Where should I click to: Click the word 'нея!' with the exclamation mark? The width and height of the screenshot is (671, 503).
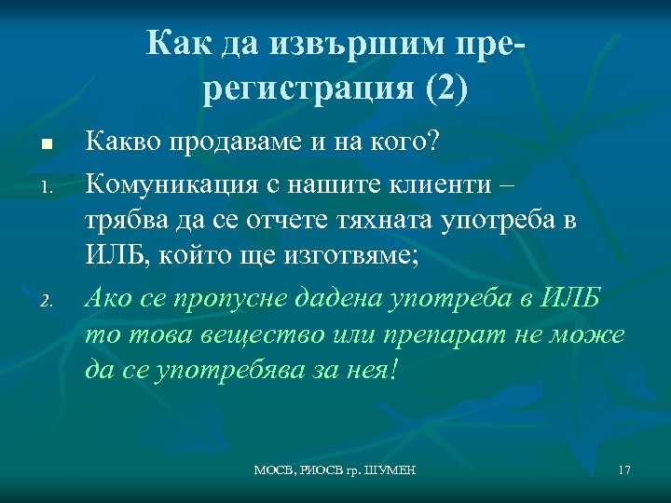[372, 370]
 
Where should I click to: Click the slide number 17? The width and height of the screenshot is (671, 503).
[623, 470]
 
